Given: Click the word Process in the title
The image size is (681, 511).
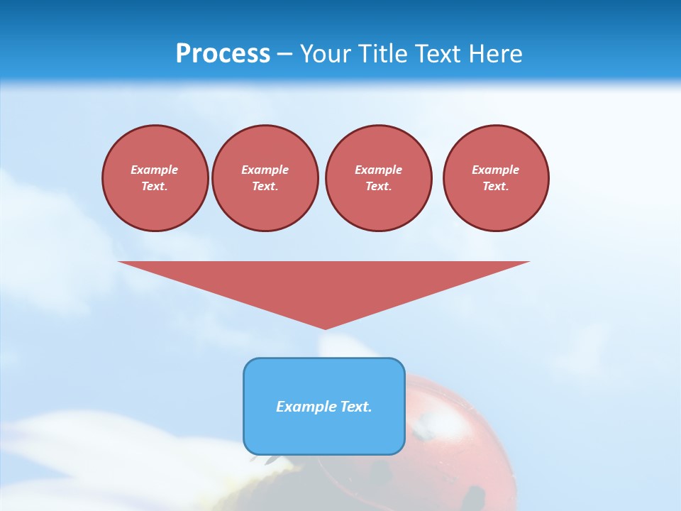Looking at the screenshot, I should [x=223, y=54].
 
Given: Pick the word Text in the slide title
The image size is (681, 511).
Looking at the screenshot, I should [x=436, y=54].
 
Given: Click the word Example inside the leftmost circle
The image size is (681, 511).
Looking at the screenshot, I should [x=155, y=170].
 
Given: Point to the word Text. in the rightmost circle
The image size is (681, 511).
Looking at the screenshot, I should [x=496, y=187].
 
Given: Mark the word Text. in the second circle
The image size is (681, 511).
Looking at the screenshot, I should [x=265, y=187].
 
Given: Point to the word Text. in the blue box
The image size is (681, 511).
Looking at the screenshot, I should [x=355, y=407].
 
